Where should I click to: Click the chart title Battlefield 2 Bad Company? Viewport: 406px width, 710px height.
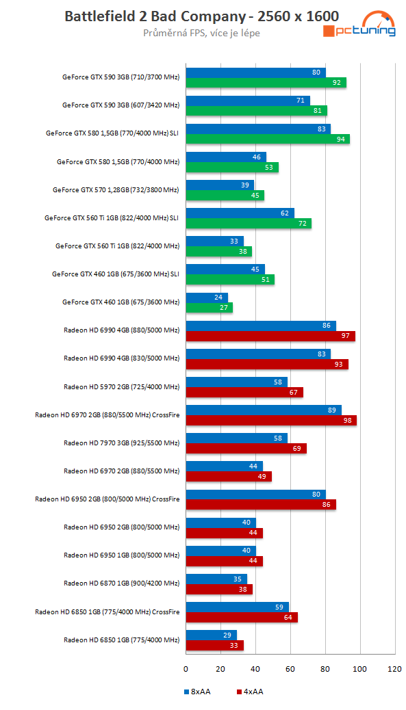(x=202, y=16)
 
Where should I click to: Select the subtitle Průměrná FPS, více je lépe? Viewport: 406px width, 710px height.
(x=201, y=33)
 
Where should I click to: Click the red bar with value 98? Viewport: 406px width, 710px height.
(x=271, y=421)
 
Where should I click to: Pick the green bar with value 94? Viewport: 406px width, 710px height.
(x=268, y=140)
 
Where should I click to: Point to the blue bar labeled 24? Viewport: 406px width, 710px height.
(x=207, y=298)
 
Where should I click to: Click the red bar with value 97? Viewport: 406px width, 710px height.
(x=270, y=337)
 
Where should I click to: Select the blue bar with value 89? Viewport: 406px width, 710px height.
(x=264, y=410)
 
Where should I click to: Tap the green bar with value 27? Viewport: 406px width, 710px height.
(x=210, y=308)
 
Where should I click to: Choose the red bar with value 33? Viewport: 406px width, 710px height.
(x=214, y=645)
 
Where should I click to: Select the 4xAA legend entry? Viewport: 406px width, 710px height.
(x=249, y=692)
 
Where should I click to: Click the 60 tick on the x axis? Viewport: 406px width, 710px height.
(x=290, y=668)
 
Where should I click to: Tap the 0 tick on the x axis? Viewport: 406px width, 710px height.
(x=186, y=668)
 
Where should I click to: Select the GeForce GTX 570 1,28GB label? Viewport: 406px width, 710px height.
(x=116, y=190)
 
